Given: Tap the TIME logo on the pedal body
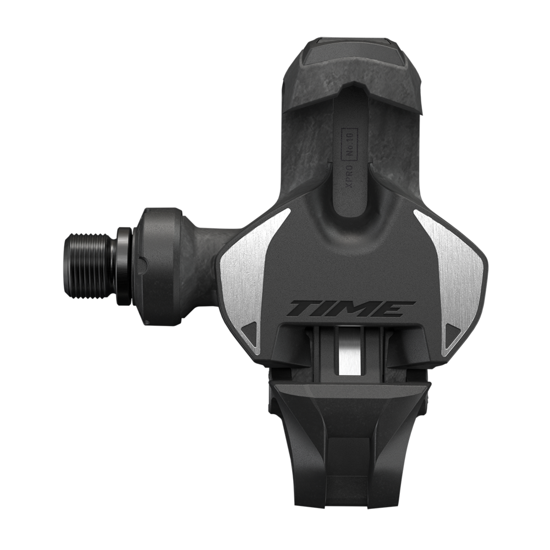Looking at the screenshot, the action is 344,309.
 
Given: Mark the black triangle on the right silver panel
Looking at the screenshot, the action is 453,333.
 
